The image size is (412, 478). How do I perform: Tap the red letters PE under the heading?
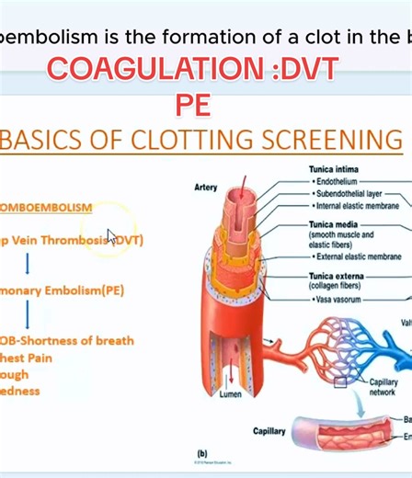coord(193,104)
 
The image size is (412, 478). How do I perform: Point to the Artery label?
coord(206,188)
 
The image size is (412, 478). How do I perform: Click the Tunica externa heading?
coord(338,275)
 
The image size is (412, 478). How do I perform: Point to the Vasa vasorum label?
coord(341,299)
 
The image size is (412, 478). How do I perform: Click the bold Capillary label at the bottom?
coord(269,430)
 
